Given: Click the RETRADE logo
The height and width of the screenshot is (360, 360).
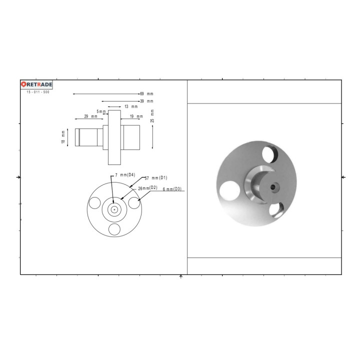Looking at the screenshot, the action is point(36,84).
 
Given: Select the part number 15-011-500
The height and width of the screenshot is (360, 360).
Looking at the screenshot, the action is point(38,92).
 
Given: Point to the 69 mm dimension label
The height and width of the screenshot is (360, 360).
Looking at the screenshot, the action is point(146,93).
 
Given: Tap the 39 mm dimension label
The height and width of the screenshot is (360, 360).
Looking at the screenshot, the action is point(146,101).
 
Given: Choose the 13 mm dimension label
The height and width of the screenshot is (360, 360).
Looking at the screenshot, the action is point(131,106).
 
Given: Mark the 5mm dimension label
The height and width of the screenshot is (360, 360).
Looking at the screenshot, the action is point(101,111).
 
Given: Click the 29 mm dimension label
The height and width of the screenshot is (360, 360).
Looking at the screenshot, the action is point(90,116).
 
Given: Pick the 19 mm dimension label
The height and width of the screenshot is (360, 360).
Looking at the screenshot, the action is point(136,116).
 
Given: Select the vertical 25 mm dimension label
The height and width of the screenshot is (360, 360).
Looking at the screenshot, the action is point(152,116).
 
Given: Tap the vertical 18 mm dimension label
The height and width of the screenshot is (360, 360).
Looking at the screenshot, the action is point(63,137).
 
